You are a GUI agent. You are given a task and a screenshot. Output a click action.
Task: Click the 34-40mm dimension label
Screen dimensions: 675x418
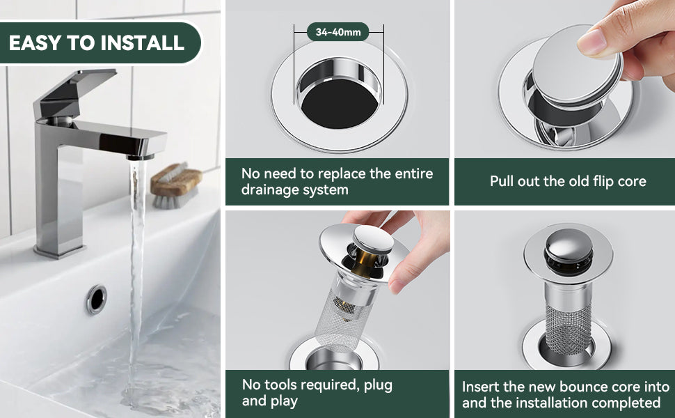[x=338, y=32]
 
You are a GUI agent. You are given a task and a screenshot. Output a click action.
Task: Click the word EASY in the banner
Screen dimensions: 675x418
[x=35, y=43]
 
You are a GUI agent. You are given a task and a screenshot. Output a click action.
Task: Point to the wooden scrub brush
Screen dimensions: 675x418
[x=175, y=185]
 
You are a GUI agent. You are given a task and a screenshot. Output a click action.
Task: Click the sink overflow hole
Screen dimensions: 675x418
[x=97, y=299]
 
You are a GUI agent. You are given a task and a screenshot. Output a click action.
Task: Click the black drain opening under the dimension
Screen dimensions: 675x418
[x=339, y=103]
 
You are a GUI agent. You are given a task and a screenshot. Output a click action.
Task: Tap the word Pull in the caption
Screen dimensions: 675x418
[x=502, y=181]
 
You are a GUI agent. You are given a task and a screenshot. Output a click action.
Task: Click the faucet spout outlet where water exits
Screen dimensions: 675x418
[x=141, y=157]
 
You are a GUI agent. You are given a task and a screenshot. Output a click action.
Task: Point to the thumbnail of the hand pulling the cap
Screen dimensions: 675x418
[x=565, y=79]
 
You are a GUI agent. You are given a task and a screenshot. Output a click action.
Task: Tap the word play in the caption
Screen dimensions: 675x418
[x=284, y=401]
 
